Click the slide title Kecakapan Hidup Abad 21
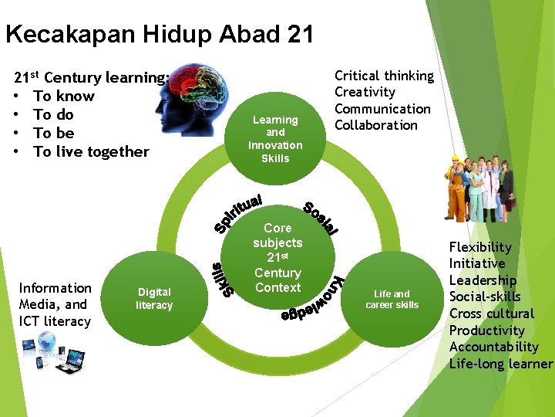(x=160, y=34)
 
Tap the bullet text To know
(x=64, y=96)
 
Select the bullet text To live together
(x=91, y=151)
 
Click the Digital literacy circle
(x=154, y=298)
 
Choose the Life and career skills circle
(x=392, y=299)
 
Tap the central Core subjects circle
(x=277, y=257)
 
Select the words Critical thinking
(x=384, y=76)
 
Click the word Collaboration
(x=376, y=125)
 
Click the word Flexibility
(x=480, y=247)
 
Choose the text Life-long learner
(x=501, y=364)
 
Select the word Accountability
(x=494, y=347)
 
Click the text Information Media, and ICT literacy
(x=55, y=304)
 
